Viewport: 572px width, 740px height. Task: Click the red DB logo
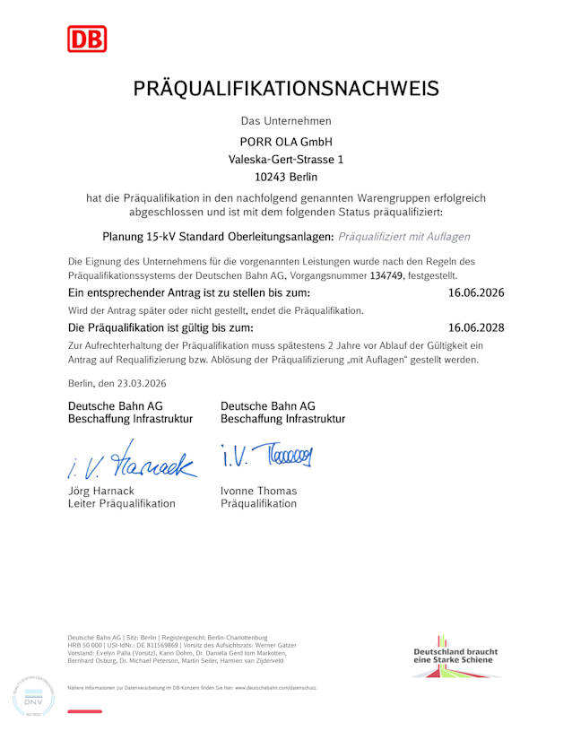coord(87,39)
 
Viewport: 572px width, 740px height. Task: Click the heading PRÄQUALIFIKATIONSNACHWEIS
coord(286,88)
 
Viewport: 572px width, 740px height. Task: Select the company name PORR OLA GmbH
coord(286,142)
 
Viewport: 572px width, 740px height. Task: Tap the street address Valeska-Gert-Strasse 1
coord(286,159)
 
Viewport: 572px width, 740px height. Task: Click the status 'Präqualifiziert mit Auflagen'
coord(403,237)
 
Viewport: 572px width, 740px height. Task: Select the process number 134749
coord(386,276)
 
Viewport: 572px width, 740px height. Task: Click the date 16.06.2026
coord(476,293)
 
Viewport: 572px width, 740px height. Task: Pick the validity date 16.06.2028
coord(476,327)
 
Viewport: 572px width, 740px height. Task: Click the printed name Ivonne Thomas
coord(258,491)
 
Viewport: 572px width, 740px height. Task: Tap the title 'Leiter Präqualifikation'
coord(122,503)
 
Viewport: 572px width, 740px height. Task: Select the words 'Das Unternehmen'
coord(286,120)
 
